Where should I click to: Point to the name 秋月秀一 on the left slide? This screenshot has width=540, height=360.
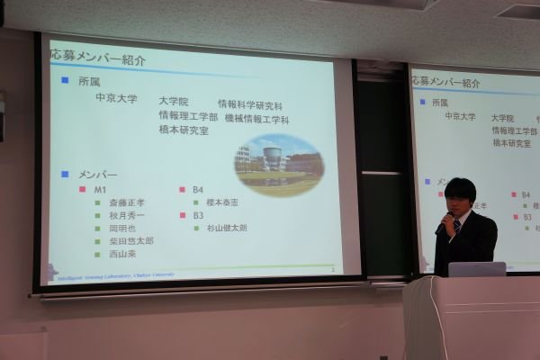coord(127,216)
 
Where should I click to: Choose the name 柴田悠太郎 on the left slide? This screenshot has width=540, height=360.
coord(131,241)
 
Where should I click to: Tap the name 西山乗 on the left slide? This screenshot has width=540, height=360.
coord(122,254)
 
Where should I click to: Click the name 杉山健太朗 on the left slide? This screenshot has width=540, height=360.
coord(226,229)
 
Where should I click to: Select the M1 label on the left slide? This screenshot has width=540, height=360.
coord(100,190)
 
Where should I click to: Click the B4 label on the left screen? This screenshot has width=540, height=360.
coord(198,190)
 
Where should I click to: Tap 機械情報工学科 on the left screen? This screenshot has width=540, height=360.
coord(256,118)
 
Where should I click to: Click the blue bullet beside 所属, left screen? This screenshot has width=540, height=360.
coord(64,80)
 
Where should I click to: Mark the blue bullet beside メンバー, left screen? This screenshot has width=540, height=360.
coord(64,173)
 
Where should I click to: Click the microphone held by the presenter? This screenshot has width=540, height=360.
coord(443,224)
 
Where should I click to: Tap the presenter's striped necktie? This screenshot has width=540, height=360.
coord(457,226)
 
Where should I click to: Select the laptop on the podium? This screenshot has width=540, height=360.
coord(476,268)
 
